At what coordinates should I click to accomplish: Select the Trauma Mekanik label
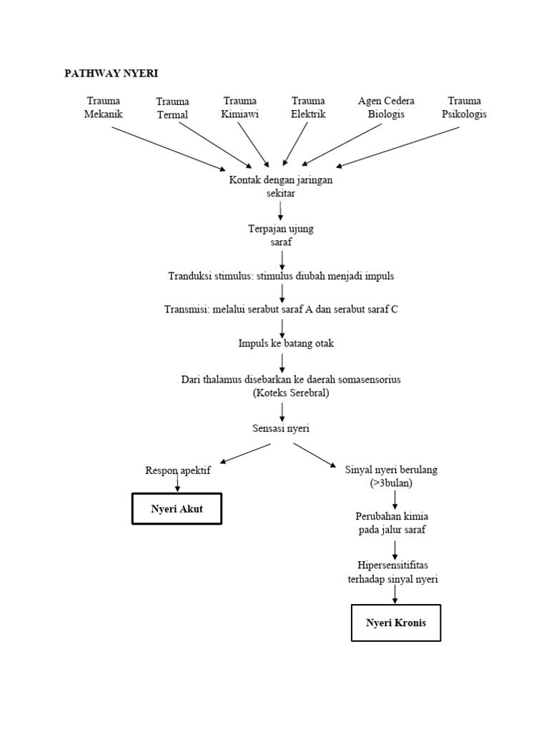point(103,107)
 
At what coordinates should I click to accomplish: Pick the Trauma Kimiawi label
point(239,107)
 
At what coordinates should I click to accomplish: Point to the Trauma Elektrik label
point(308,107)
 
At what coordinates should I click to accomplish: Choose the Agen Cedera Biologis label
point(386,107)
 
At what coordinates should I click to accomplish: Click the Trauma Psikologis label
point(464,107)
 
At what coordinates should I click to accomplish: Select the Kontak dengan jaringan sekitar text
point(281,187)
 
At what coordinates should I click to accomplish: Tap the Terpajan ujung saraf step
point(281,236)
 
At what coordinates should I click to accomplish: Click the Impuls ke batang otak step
point(286,343)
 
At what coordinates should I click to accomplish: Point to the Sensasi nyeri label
point(281,428)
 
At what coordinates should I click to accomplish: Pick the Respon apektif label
point(178,470)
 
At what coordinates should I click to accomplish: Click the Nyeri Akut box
point(177,508)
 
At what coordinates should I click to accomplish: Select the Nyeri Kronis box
point(395,623)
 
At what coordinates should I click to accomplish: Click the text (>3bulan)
point(392,483)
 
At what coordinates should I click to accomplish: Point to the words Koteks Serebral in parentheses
point(291,392)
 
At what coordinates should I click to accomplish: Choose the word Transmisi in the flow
point(185,310)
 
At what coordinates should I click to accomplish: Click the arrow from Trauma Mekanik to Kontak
point(168,149)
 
